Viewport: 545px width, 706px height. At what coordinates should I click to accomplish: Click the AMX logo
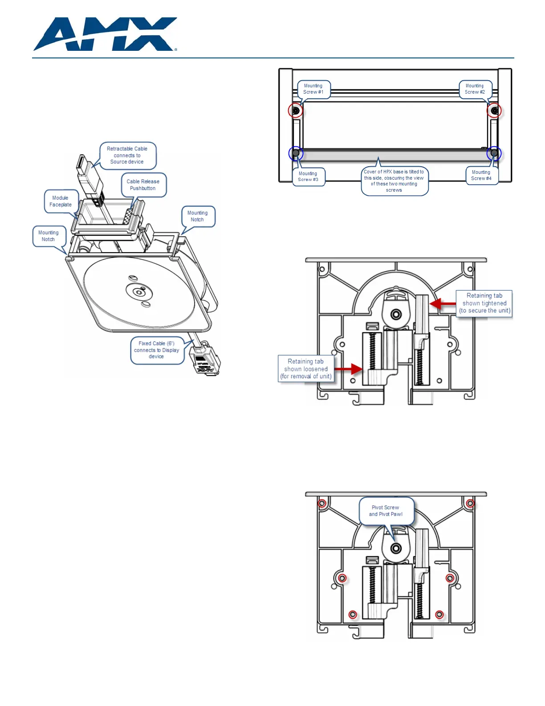(x=105, y=34)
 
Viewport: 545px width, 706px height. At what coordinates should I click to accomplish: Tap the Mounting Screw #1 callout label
(x=313, y=89)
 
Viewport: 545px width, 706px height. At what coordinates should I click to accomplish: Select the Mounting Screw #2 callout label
(x=475, y=89)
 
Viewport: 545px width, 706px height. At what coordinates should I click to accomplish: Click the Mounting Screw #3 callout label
(x=308, y=176)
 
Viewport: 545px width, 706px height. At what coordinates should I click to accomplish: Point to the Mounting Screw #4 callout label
(x=481, y=175)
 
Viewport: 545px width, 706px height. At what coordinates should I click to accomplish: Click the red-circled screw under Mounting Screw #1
(x=296, y=110)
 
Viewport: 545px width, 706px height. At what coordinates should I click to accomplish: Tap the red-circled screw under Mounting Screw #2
(x=494, y=110)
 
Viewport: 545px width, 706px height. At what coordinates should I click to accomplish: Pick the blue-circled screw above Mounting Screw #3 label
(x=296, y=153)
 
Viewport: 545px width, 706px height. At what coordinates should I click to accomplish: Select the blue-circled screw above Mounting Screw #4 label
(x=494, y=153)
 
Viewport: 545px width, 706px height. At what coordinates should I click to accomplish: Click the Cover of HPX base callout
(x=394, y=181)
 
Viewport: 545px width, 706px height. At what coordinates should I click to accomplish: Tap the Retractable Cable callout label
(x=127, y=155)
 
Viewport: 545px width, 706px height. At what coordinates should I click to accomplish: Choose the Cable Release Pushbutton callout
(x=143, y=185)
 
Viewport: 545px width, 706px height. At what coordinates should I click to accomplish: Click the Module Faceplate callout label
(x=61, y=201)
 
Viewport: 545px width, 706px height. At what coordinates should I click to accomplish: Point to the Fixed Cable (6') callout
(x=156, y=350)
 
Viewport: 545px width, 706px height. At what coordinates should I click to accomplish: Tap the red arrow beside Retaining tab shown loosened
(x=349, y=369)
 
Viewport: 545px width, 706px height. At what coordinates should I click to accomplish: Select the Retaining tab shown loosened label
(x=306, y=369)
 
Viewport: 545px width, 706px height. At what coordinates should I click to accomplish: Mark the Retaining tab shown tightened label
(x=484, y=303)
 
